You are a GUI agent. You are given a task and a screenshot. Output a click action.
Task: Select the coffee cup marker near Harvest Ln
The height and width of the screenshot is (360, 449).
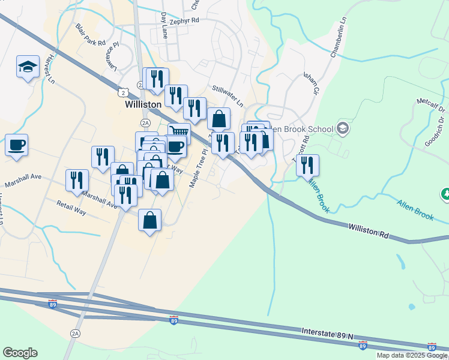(17, 145)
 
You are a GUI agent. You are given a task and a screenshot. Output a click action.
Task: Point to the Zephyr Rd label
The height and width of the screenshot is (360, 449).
(184, 21)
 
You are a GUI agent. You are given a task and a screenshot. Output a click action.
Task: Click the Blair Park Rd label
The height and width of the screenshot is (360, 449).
(90, 35)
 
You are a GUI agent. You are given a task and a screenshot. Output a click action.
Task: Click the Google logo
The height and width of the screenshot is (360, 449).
(20, 353)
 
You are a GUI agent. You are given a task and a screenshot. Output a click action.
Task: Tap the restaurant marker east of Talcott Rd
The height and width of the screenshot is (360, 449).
(307, 164)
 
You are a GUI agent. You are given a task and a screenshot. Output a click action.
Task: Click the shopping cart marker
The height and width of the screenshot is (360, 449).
(179, 133)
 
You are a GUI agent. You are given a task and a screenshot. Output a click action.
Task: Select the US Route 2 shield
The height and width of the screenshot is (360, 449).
(122, 92)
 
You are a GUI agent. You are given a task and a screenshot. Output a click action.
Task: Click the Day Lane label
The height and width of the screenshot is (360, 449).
(164, 26)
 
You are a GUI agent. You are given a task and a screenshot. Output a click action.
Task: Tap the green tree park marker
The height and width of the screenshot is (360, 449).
(445, 193)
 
